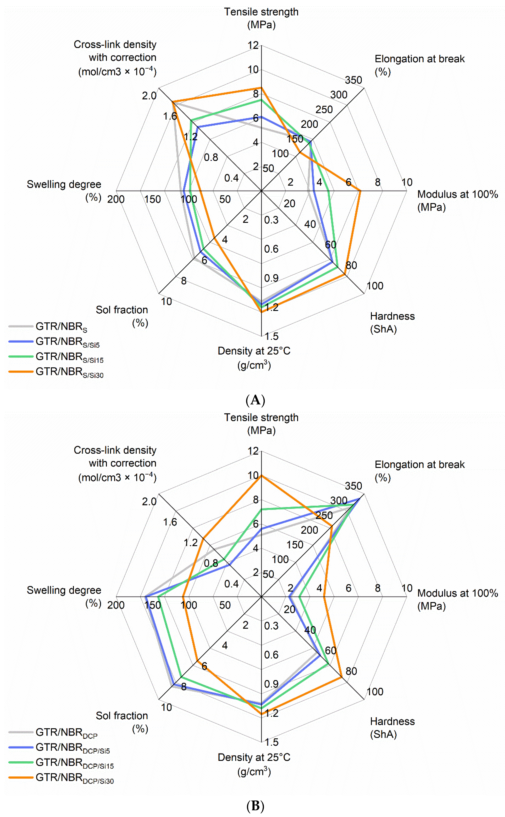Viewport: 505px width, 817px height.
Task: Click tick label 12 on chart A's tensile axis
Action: (x=253, y=45)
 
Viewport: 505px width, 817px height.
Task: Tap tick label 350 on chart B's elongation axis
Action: (x=353, y=486)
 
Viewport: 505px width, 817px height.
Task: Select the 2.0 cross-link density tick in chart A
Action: (x=149, y=96)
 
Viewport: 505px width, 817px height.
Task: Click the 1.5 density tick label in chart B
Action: (x=271, y=742)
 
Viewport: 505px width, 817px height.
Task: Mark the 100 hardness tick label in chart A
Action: (x=375, y=286)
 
